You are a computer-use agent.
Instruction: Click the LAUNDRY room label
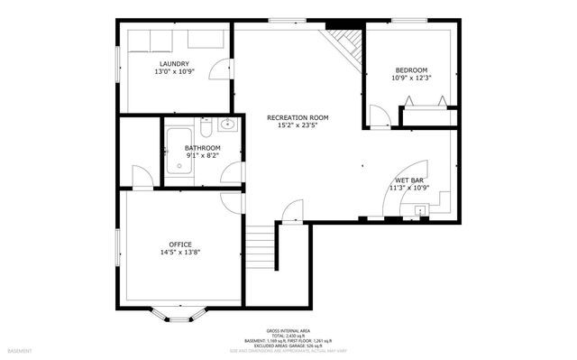click(174, 64)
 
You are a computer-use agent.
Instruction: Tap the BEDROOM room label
click(411, 70)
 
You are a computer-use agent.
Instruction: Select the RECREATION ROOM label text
click(297, 117)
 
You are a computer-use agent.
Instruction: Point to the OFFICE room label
click(180, 245)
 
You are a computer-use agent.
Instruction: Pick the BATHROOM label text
click(202, 148)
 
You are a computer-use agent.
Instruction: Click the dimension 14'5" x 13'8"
click(180, 253)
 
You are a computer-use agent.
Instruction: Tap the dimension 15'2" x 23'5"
click(297, 125)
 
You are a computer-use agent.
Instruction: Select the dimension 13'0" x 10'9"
click(174, 72)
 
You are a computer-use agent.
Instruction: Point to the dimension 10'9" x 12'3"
click(411, 78)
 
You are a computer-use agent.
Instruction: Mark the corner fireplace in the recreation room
click(344, 42)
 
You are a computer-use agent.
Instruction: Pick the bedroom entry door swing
click(380, 115)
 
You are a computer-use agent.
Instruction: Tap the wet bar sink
click(417, 212)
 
